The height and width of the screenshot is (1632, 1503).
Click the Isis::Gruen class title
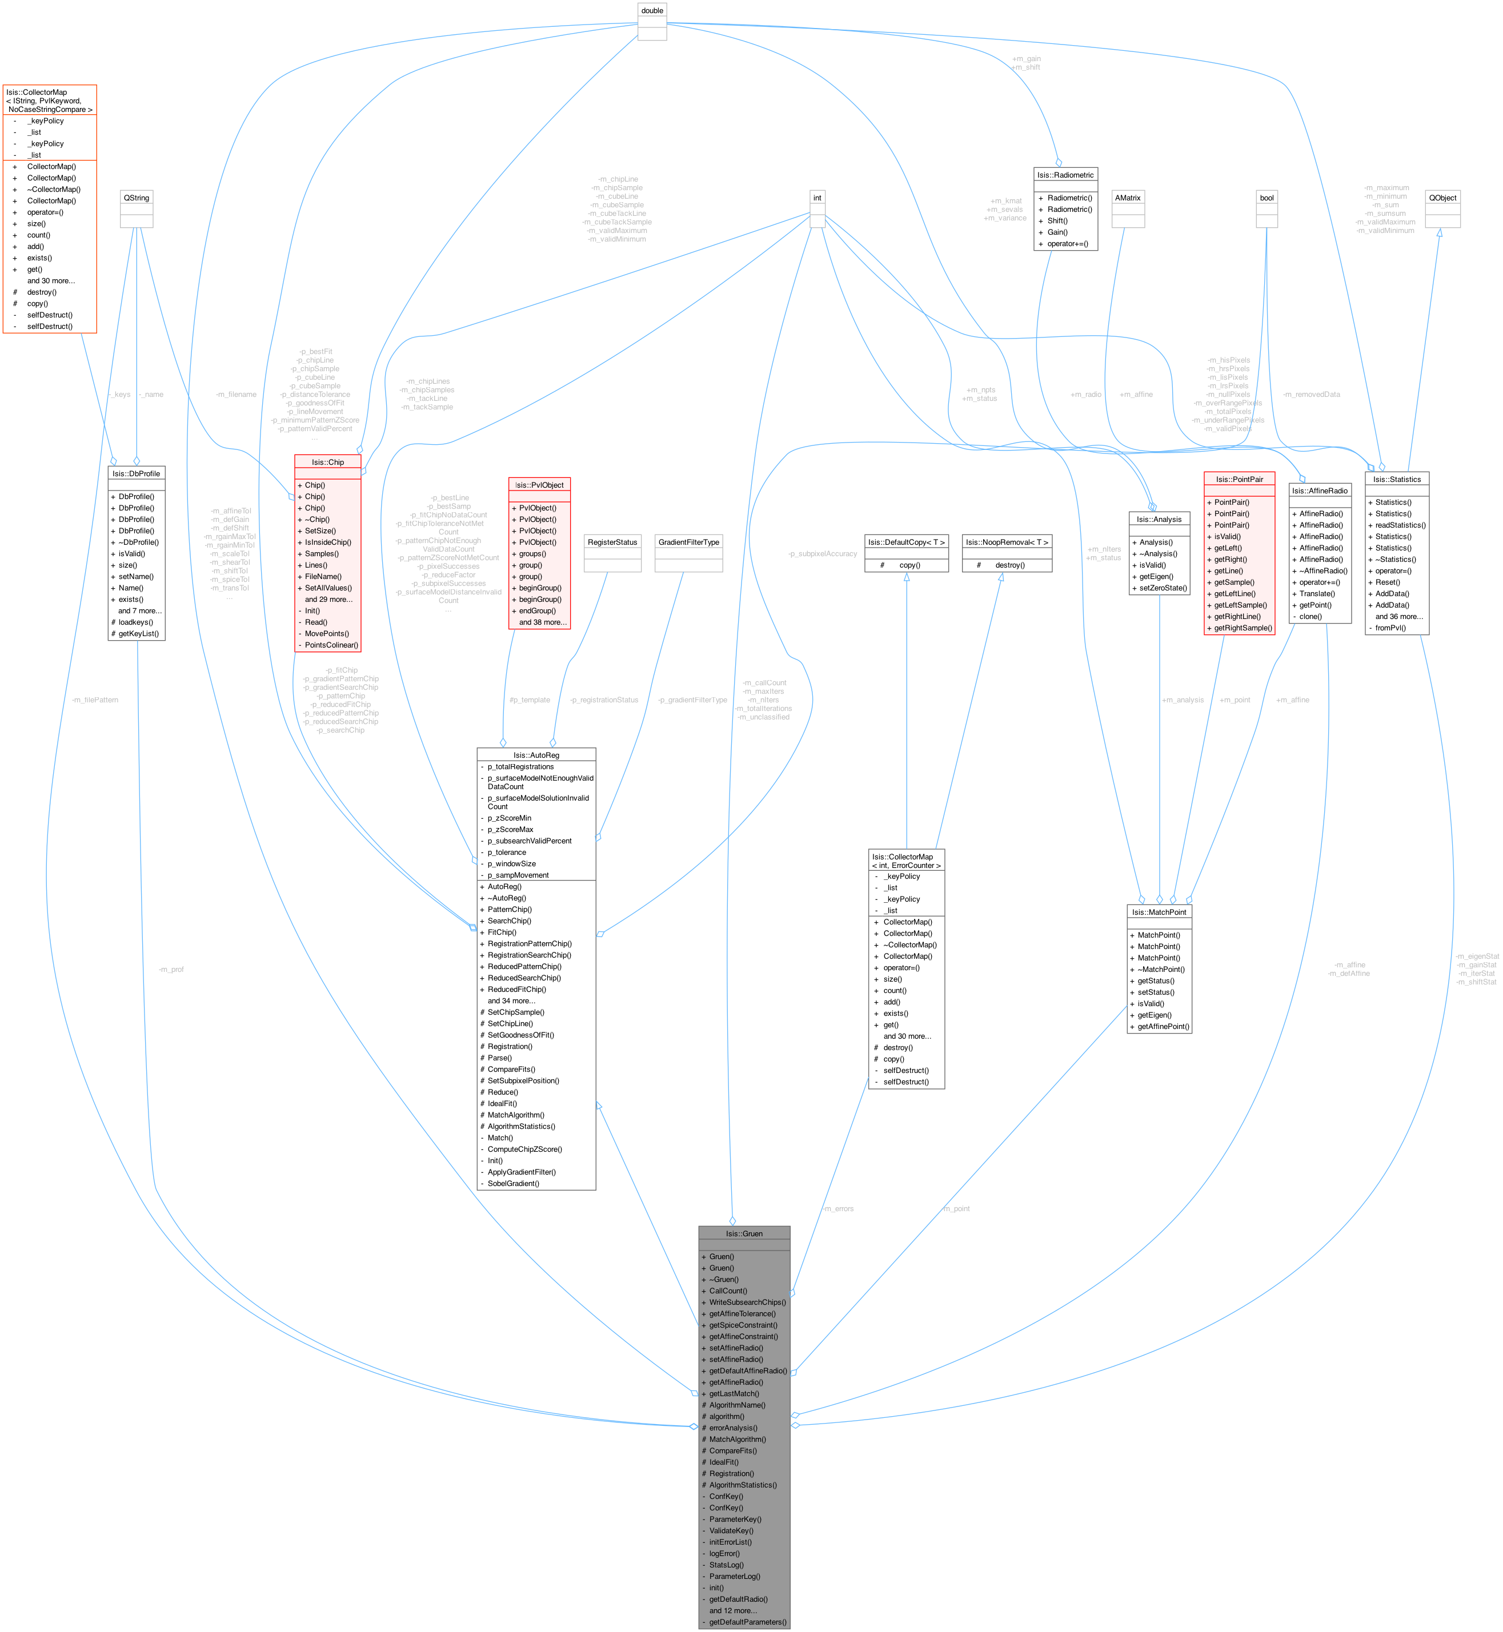(x=743, y=1233)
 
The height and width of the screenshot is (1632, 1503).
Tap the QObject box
(x=1443, y=198)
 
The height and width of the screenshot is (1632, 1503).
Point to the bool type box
(x=1266, y=198)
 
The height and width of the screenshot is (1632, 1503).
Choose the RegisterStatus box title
(x=612, y=541)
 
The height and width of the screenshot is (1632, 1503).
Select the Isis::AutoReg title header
(x=536, y=754)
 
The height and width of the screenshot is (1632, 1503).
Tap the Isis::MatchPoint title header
(x=1159, y=911)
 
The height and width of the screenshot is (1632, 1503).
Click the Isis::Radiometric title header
(x=1065, y=175)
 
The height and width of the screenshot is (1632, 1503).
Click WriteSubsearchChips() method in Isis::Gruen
(x=747, y=1302)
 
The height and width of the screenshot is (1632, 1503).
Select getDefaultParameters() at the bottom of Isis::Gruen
(x=747, y=1621)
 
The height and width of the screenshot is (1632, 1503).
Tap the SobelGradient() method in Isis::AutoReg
(x=513, y=1183)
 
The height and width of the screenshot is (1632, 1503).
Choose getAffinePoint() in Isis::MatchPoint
(x=1163, y=1026)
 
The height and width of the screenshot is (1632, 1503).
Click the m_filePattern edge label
(x=95, y=700)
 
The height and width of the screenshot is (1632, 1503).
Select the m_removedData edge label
(x=1311, y=395)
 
